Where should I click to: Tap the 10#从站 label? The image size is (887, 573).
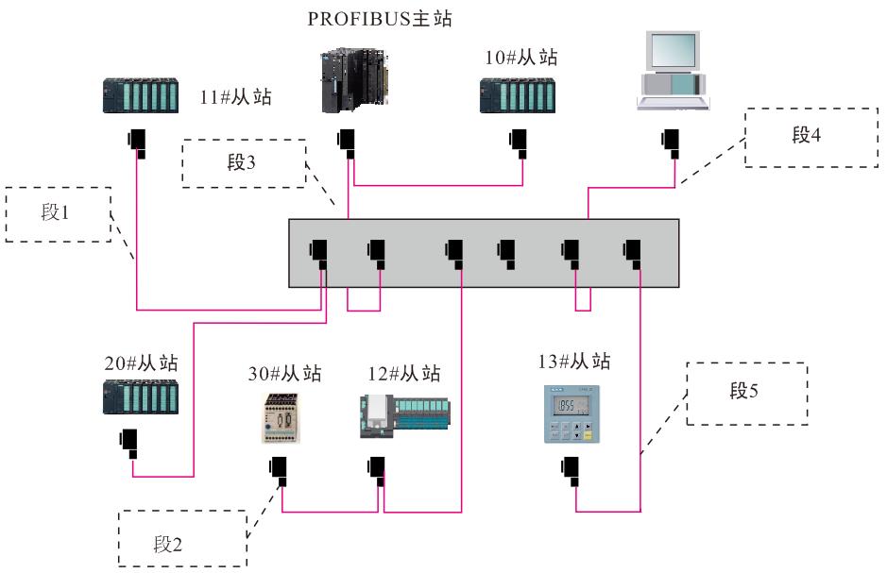[x=520, y=58]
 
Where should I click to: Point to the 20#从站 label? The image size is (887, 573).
[x=141, y=362]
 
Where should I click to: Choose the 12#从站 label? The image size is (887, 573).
[x=403, y=373]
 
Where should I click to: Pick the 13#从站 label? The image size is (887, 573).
[x=573, y=361]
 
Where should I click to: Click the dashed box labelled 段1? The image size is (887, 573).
[x=58, y=214]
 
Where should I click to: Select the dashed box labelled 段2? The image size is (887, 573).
[x=182, y=538]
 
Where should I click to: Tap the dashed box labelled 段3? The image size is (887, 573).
[x=245, y=163]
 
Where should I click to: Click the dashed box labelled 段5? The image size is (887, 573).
[x=746, y=393]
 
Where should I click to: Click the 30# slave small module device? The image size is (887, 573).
[x=281, y=417]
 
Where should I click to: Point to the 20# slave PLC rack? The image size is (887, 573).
[x=141, y=396]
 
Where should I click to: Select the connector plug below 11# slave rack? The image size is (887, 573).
[x=138, y=142]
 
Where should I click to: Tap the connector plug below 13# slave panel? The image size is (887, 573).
[x=572, y=468]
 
